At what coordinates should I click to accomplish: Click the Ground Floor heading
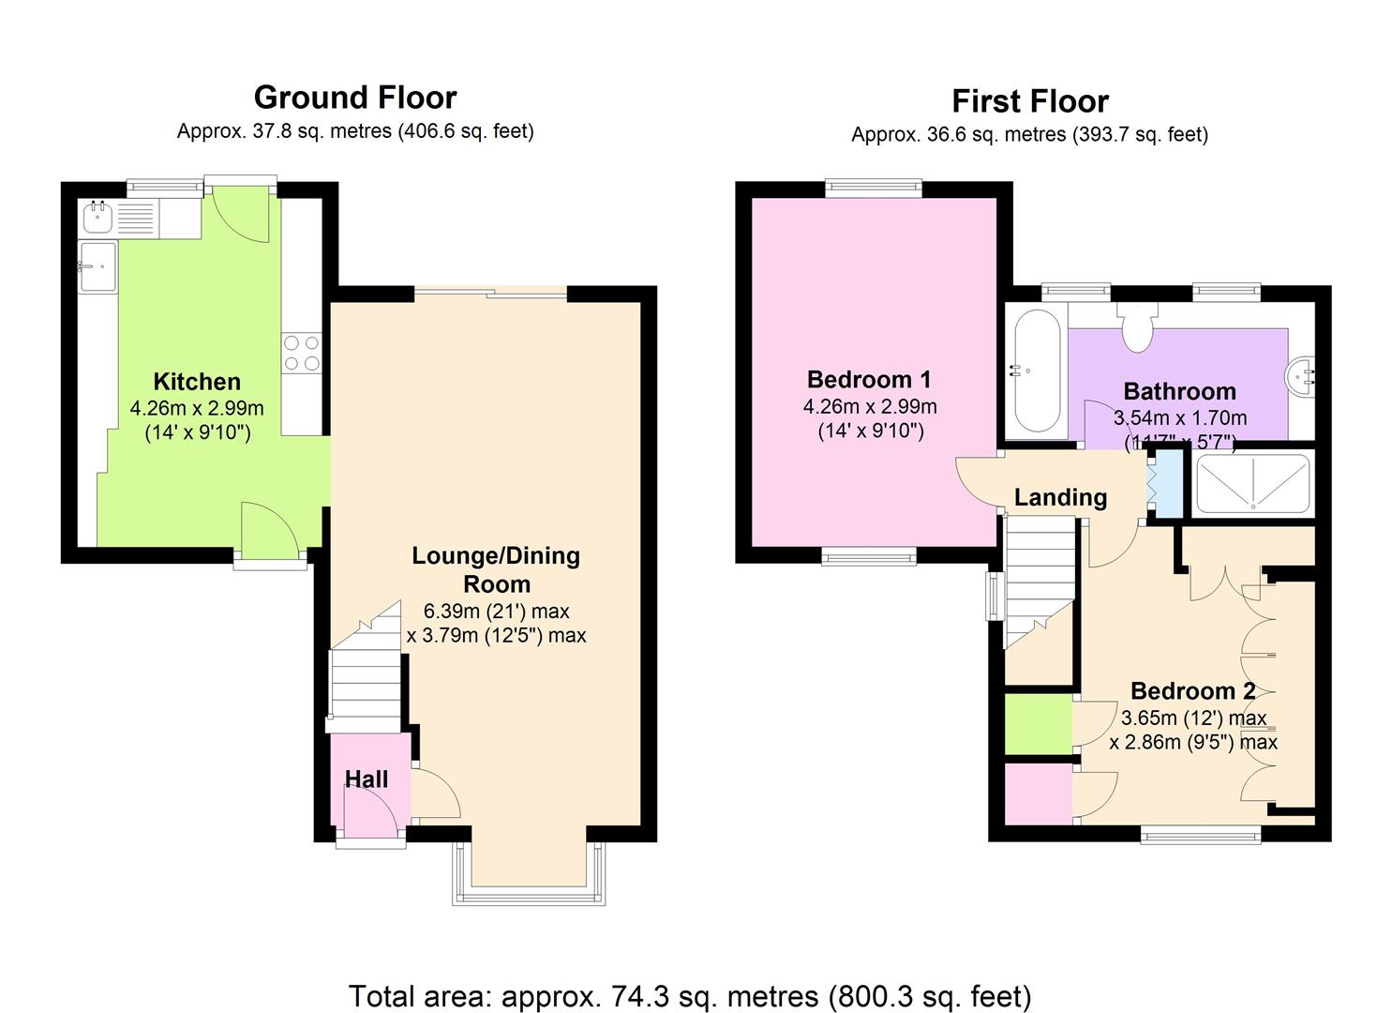[x=355, y=98]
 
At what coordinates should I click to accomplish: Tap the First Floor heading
[x=1030, y=101]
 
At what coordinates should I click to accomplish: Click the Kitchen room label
[x=197, y=381]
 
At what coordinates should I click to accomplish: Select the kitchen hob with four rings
[x=302, y=354]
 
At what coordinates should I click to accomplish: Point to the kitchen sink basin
[x=97, y=217]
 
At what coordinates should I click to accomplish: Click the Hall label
[x=367, y=779]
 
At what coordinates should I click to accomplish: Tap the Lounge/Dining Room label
[x=496, y=569]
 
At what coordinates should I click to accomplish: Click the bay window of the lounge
[x=529, y=873]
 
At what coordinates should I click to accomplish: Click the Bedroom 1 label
[x=869, y=379]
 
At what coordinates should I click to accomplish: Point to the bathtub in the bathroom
[x=1037, y=370]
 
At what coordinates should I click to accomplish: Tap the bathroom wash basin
[x=1300, y=377]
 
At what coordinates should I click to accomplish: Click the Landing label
[x=1061, y=497]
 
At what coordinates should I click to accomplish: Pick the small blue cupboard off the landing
[x=1169, y=483]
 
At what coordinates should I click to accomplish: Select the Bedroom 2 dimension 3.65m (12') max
[x=1194, y=718]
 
